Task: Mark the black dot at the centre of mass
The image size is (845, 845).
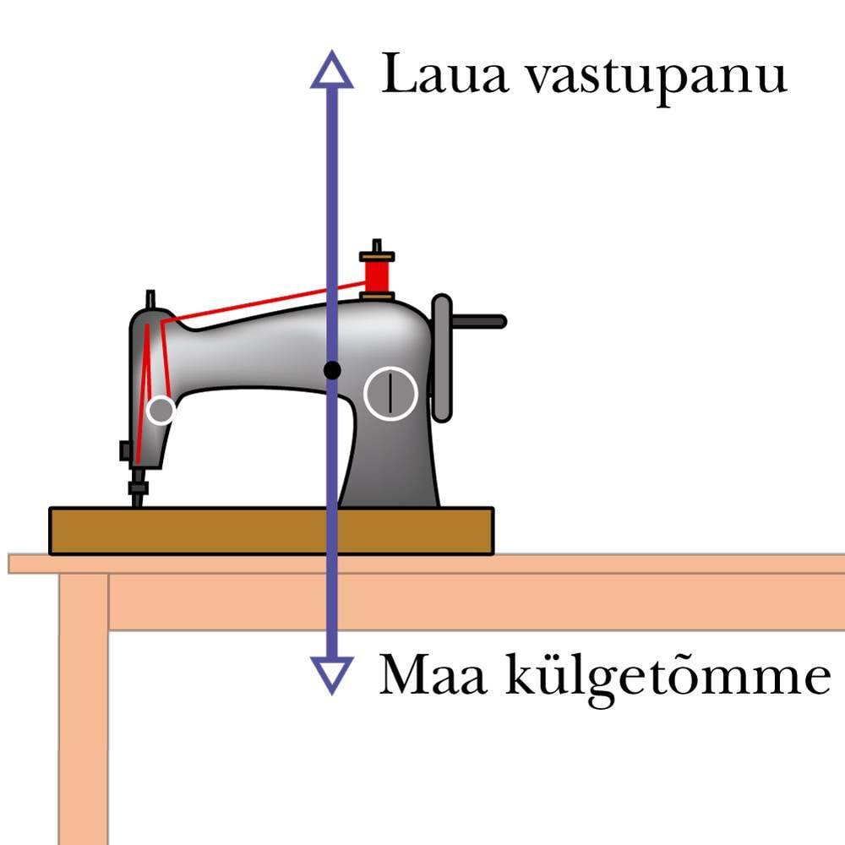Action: coord(333,369)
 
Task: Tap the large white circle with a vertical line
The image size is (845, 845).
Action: coord(390,393)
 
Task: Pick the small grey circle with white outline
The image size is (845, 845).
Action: coord(160,411)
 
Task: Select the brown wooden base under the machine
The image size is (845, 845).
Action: coord(270,531)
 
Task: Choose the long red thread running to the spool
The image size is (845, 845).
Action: coord(262,303)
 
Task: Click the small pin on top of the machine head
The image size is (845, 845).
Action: coord(150,299)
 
